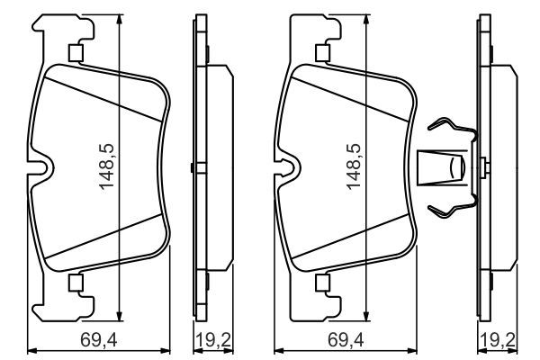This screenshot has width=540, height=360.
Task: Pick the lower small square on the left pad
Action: click(76, 283)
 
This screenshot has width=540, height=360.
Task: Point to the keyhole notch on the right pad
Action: click(288, 166)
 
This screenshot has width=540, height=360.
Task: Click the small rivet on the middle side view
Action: click(193, 166)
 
